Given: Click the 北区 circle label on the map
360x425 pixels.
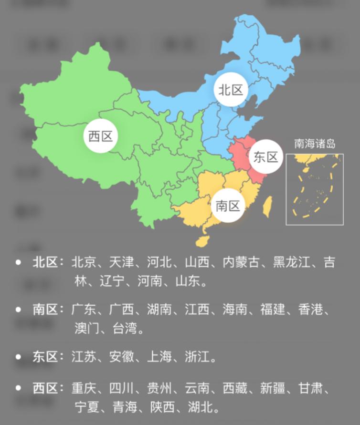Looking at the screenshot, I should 231,89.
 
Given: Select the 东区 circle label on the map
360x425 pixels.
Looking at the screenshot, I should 265,157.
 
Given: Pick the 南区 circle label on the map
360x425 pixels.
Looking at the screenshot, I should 227,206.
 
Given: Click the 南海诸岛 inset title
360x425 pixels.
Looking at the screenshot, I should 315,143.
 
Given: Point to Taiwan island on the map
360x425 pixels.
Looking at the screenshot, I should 268,206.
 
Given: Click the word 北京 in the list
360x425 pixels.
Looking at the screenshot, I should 84,262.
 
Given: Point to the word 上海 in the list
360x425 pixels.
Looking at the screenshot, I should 160,356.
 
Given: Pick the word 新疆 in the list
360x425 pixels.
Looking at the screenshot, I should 273,388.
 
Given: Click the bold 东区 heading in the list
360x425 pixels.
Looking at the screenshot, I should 45,356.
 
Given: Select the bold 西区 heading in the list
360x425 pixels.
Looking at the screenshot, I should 45,388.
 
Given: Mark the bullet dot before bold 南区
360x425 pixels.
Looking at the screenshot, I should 18,310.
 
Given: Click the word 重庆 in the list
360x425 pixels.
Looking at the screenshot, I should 84,388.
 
